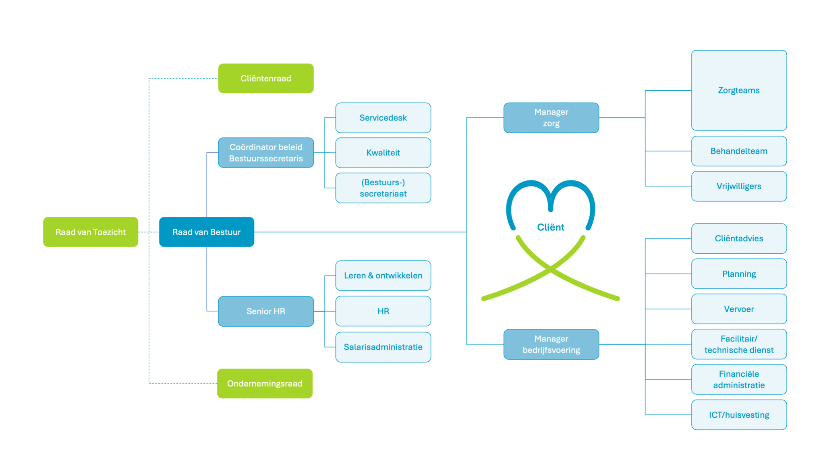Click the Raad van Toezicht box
[91, 232]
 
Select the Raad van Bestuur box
[207, 232]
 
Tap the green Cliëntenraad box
[266, 79]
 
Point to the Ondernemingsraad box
[265, 383]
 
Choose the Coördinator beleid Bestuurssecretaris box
[266, 153]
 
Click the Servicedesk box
[383, 118]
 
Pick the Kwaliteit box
[383, 153]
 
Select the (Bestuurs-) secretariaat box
[383, 188]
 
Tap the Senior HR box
[266, 311]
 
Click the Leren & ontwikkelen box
[383, 275]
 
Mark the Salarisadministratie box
[383, 347]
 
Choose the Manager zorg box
[551, 118]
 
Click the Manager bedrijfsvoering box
[551, 344]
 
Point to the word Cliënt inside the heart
[551, 227]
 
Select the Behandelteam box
[739, 151]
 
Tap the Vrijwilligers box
[739, 186]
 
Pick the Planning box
[739, 274]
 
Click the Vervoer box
[739, 309]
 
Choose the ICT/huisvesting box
[739, 415]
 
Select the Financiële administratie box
[739, 379]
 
